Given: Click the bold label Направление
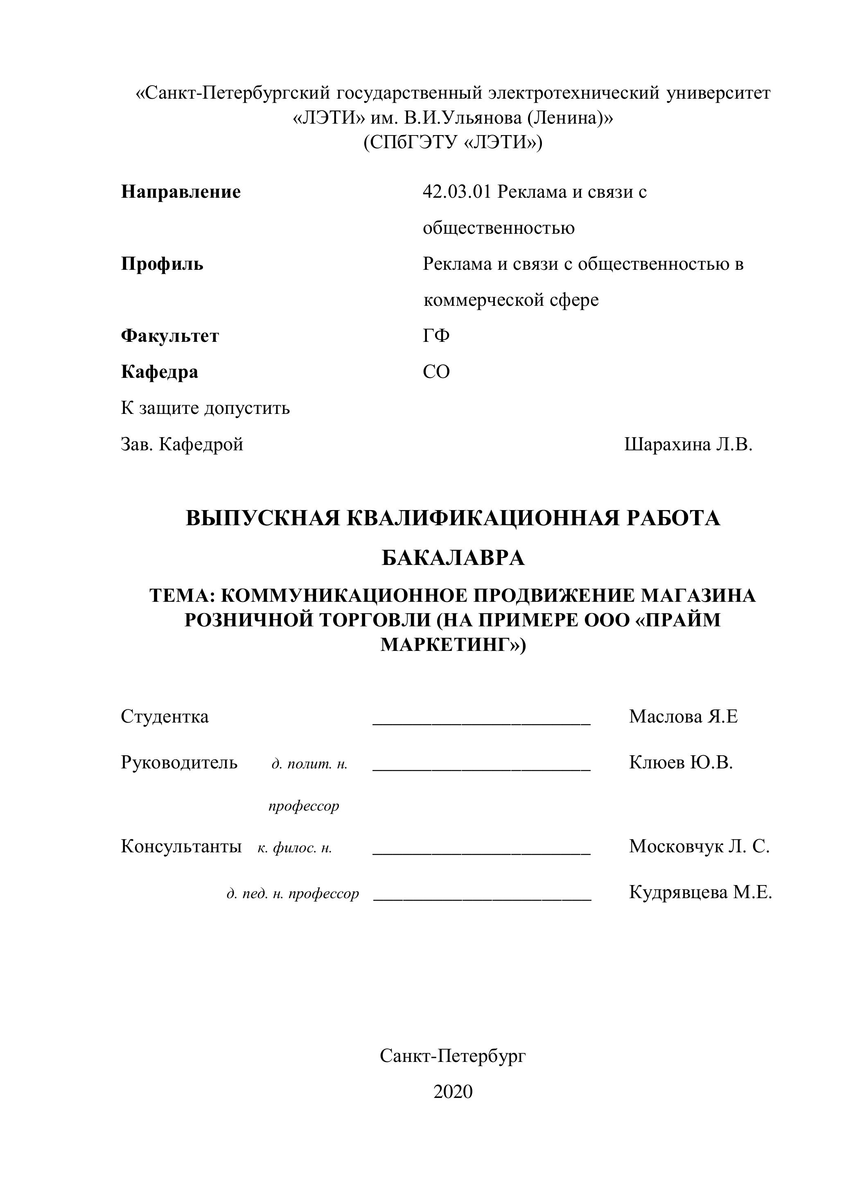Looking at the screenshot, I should pos(181,192).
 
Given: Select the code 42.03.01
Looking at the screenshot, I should pos(457,192).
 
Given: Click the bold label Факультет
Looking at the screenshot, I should pos(170,336).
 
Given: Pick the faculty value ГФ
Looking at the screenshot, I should pos(436,336).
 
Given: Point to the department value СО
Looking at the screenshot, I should pos(436,372).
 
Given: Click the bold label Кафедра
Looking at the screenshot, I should pos(160,372).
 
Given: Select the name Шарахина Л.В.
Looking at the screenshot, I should pos(688,444).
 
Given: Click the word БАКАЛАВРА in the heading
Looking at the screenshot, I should pos(453,558).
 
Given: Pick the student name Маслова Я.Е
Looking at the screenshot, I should pos(684,716).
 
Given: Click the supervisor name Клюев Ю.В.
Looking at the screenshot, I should pos(681,762).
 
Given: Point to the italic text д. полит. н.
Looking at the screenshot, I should pos(309,764).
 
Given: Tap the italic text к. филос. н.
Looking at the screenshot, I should pos(295,848).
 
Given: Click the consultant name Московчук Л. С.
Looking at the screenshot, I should pos(699,846).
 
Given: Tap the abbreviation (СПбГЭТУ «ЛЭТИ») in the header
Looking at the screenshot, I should pos(453,142).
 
